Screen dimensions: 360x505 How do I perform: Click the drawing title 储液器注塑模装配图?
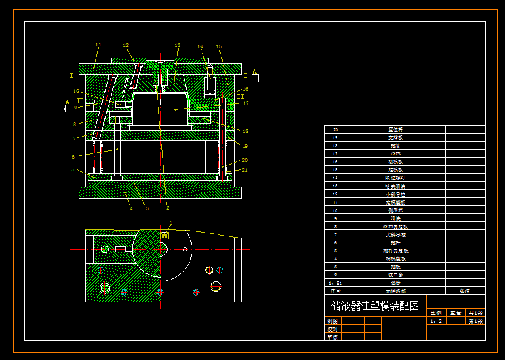[x=375, y=306]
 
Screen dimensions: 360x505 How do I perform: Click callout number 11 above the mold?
[x=98, y=45]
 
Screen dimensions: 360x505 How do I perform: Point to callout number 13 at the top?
[x=177, y=45]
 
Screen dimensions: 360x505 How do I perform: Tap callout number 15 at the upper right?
[x=219, y=46]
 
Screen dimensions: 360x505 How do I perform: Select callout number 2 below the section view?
[x=167, y=208]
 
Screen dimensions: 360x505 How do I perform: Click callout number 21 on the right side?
[x=245, y=170]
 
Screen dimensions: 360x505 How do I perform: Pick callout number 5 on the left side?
[x=73, y=169]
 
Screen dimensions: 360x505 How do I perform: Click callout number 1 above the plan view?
[x=171, y=223]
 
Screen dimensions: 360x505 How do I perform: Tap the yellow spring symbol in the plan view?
[x=165, y=235]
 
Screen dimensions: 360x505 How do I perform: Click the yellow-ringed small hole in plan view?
[x=209, y=270]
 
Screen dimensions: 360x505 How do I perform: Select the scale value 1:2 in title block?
[x=436, y=321]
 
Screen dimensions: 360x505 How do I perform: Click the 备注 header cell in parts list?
[x=465, y=290]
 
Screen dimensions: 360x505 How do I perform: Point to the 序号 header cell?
[x=336, y=290]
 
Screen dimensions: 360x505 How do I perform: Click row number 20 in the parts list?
[x=336, y=129]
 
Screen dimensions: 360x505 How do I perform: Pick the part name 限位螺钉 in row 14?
[x=396, y=178]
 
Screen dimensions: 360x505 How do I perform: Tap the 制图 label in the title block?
[x=333, y=321]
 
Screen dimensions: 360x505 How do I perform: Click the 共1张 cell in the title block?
[x=476, y=313]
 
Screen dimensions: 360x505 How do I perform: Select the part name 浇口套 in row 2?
[x=396, y=274]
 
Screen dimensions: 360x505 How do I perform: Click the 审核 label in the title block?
[x=333, y=337]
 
